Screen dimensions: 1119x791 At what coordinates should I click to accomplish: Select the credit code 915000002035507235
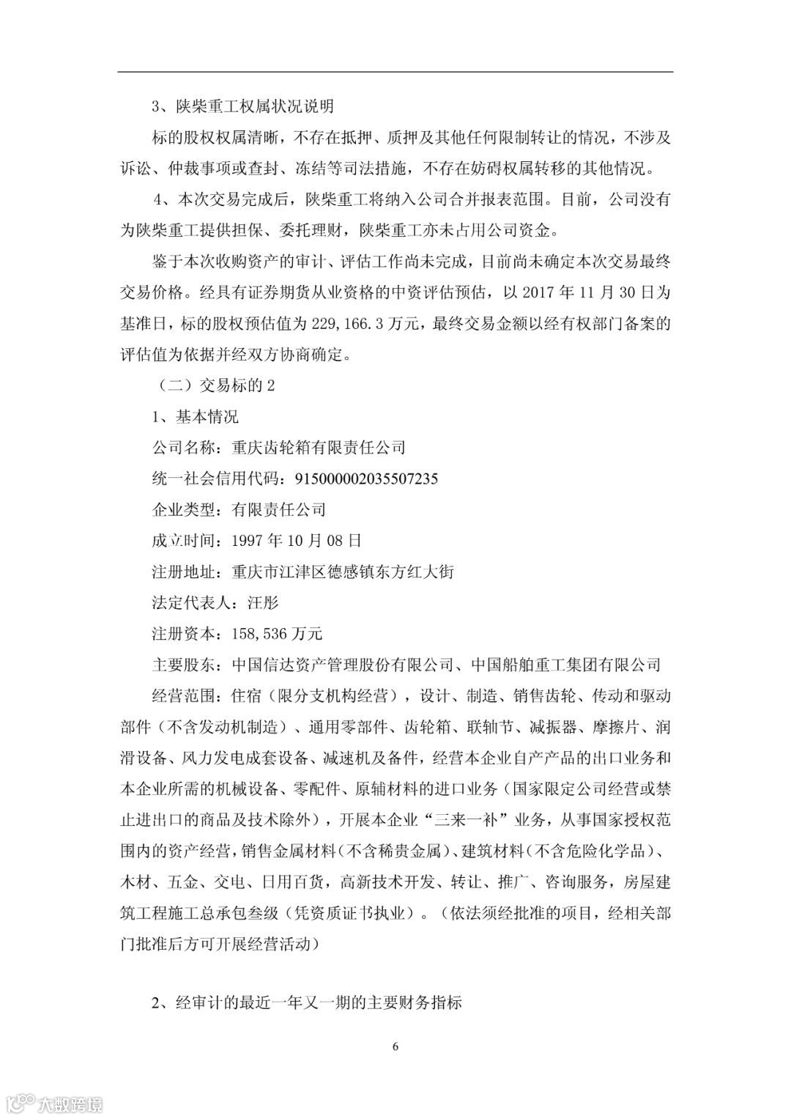[365, 479]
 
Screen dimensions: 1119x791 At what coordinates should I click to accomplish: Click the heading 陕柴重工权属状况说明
[254, 107]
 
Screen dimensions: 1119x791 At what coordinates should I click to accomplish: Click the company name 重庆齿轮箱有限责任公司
[318, 447]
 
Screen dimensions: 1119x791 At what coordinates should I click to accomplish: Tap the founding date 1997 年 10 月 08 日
[296, 541]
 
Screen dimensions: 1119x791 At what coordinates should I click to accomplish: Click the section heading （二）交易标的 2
[212, 385]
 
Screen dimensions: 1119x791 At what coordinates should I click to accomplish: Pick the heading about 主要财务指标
[307, 1003]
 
